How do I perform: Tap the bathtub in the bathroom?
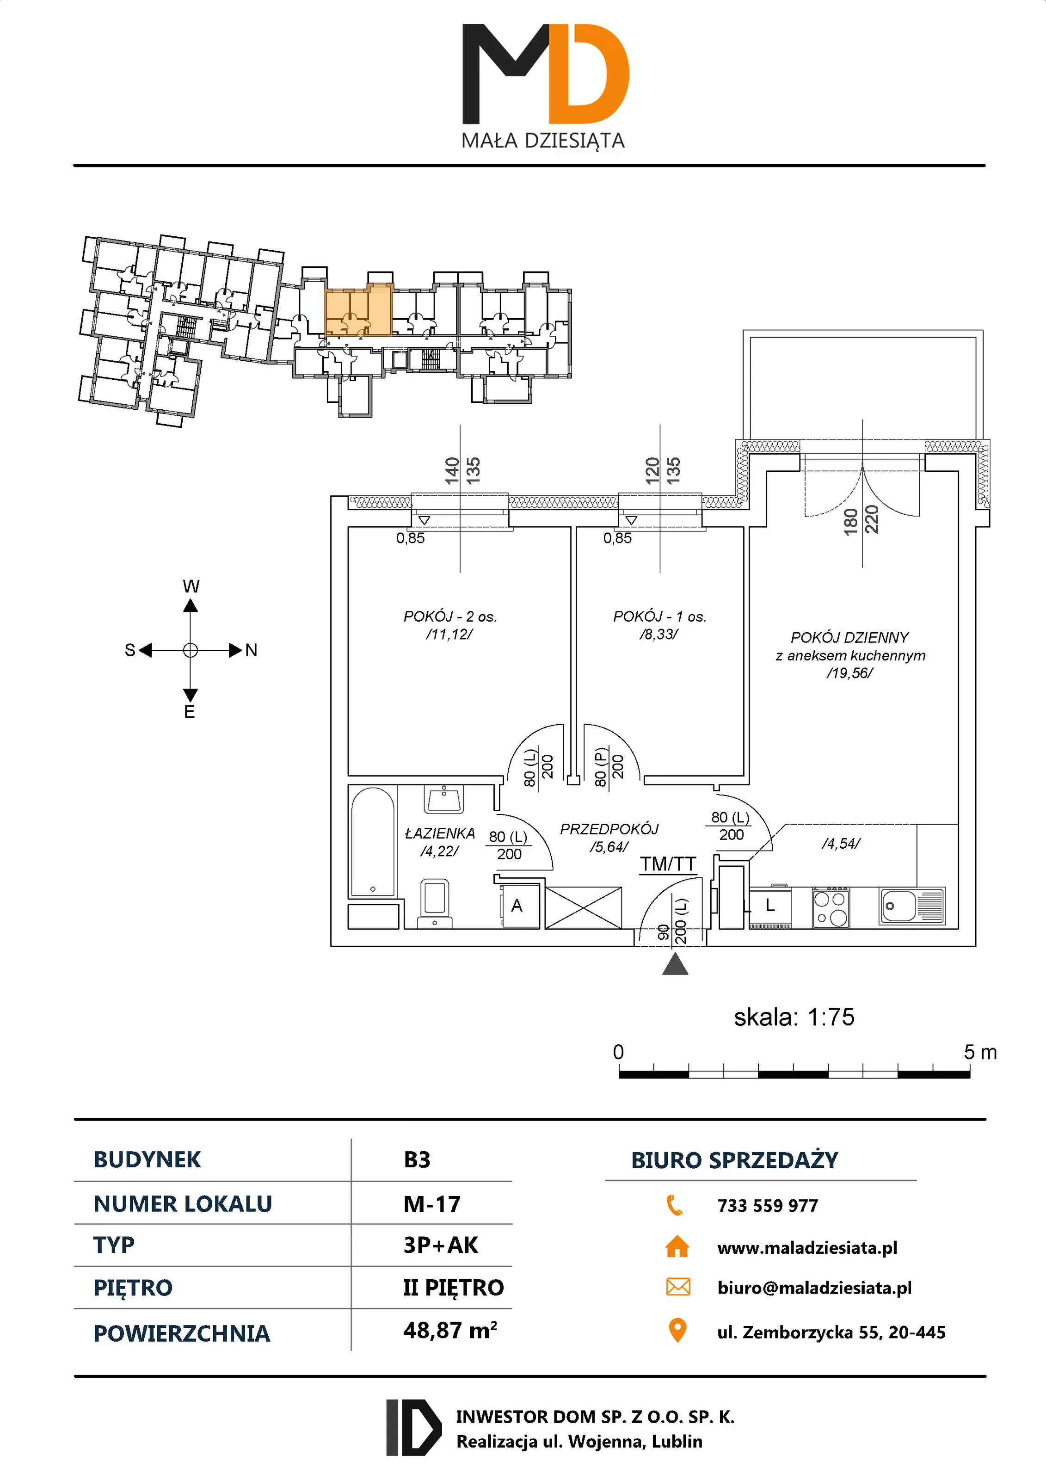coord(373,842)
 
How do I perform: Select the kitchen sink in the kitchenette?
coord(911,906)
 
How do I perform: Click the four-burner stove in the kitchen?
coord(830,907)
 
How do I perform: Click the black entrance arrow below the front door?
coord(675,964)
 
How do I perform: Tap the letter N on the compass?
coord(252,650)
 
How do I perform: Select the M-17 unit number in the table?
coord(432,1204)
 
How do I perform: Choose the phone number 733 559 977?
coord(767,1205)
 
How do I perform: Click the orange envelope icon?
coord(677,1287)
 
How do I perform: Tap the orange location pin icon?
coord(677,1330)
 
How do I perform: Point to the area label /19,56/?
coord(849,673)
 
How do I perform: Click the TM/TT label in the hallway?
coord(668,864)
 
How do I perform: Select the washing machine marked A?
coord(519,906)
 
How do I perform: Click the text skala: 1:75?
coord(794,1017)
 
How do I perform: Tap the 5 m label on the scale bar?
coord(979,1053)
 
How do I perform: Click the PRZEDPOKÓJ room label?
coord(609,829)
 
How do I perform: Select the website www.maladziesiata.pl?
coord(807,1248)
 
